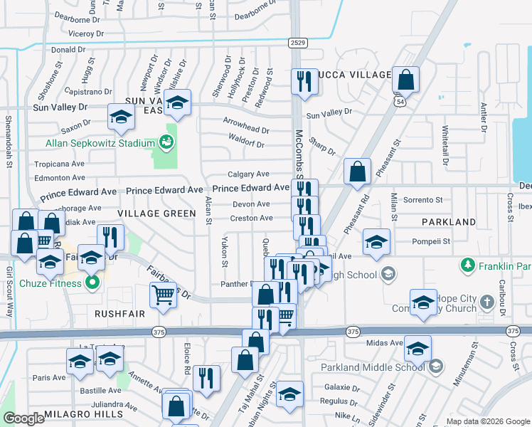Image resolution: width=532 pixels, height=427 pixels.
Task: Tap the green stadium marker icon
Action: click(166, 142)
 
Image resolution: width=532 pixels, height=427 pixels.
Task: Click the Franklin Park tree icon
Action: click(467, 265)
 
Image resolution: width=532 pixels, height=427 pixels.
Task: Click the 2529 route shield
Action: click(299, 43)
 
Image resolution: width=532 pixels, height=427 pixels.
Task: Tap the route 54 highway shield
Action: click(401, 104)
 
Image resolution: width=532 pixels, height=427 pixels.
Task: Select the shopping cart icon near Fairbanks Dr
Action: click(164, 295)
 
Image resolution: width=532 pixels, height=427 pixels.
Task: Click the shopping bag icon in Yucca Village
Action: click(405, 81)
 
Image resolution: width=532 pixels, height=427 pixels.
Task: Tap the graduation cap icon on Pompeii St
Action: click(376, 241)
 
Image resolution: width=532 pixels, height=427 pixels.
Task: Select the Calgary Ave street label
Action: click(248, 174)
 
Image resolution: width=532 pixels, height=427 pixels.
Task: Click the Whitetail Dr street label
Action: click(445, 146)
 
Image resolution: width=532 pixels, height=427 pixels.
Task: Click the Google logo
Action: click(24, 418)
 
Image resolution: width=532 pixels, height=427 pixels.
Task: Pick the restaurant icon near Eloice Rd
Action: click(206, 379)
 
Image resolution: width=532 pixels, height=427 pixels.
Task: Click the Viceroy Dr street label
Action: click(86, 33)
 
